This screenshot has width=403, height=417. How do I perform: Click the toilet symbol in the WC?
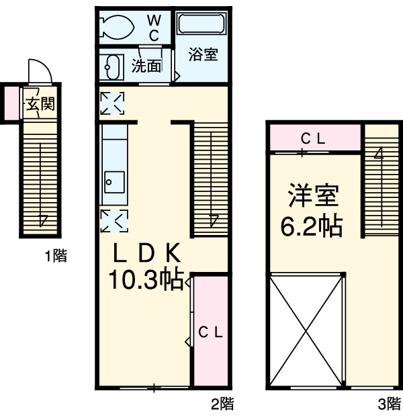click(x=116, y=27)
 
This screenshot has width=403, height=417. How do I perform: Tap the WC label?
click(x=154, y=28)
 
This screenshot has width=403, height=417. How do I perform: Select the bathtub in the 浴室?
click(x=201, y=24)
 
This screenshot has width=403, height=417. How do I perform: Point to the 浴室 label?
click(x=204, y=54)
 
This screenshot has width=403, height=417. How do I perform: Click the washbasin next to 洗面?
click(x=111, y=67)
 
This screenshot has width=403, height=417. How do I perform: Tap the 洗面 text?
click(x=146, y=66)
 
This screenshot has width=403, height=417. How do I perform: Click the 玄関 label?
click(x=41, y=103)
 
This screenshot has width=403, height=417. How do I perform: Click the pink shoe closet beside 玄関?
click(x=11, y=103)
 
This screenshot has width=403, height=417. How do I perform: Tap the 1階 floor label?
click(x=56, y=256)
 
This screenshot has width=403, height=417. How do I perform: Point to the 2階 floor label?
click(x=222, y=404)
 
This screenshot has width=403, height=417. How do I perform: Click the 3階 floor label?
click(x=390, y=404)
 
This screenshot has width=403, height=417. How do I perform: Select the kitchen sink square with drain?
click(x=114, y=182)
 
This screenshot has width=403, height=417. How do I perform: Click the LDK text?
click(x=147, y=252)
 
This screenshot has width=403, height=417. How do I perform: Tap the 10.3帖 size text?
click(x=146, y=279)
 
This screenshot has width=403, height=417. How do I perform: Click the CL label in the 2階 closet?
click(x=210, y=332)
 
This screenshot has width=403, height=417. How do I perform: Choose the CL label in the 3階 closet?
click(x=313, y=138)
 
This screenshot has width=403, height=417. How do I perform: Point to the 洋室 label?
click(x=314, y=195)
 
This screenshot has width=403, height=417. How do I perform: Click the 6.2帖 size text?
click(x=311, y=226)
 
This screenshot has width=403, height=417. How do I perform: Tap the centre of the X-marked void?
click(x=306, y=330)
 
